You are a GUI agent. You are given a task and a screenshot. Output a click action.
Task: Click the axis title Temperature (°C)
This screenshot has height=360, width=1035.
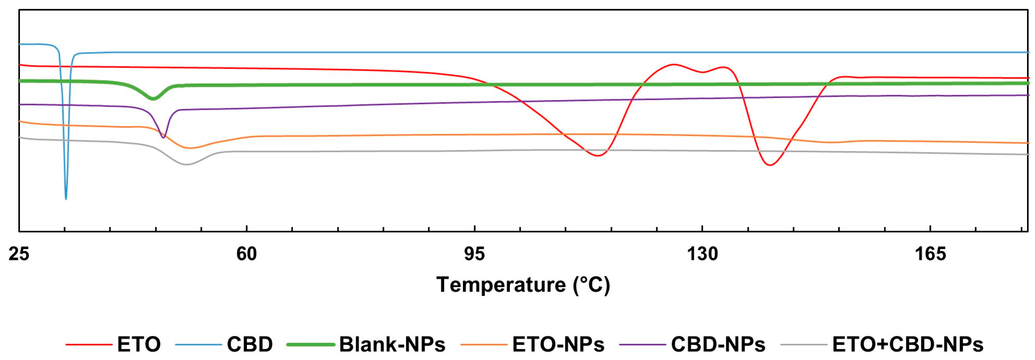point(523,285)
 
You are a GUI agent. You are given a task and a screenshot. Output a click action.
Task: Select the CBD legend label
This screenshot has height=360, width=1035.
point(250,344)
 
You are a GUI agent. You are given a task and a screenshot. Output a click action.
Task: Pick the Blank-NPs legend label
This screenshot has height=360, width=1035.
point(392,344)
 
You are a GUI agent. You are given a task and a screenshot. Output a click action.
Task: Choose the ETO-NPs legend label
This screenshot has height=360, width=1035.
point(558,344)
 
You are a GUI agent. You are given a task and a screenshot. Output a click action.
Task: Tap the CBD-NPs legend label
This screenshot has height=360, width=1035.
point(718,344)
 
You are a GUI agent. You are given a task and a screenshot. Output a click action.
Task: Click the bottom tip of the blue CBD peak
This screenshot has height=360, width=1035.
point(66,199)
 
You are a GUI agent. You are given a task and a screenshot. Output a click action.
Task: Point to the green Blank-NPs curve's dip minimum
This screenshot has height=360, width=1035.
point(152,98)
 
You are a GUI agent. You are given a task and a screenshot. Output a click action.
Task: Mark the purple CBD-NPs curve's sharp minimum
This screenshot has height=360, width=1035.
point(163,137)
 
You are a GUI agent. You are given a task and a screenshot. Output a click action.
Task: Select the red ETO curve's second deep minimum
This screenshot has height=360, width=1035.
point(769,165)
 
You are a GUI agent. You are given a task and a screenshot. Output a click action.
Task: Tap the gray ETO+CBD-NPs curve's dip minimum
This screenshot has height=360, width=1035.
point(186,164)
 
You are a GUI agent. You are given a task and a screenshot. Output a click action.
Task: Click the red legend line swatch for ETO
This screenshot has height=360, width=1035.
point(88,344)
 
